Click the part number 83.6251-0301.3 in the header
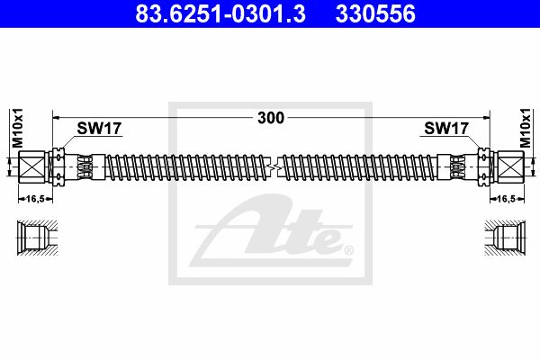(220, 13)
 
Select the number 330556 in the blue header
(375, 13)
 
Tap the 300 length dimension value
(271, 118)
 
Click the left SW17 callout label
(99, 129)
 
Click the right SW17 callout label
(446, 129)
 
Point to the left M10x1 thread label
(17, 128)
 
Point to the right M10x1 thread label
(526, 128)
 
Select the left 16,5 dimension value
(35, 199)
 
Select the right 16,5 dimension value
(507, 199)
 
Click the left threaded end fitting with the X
(31, 167)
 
